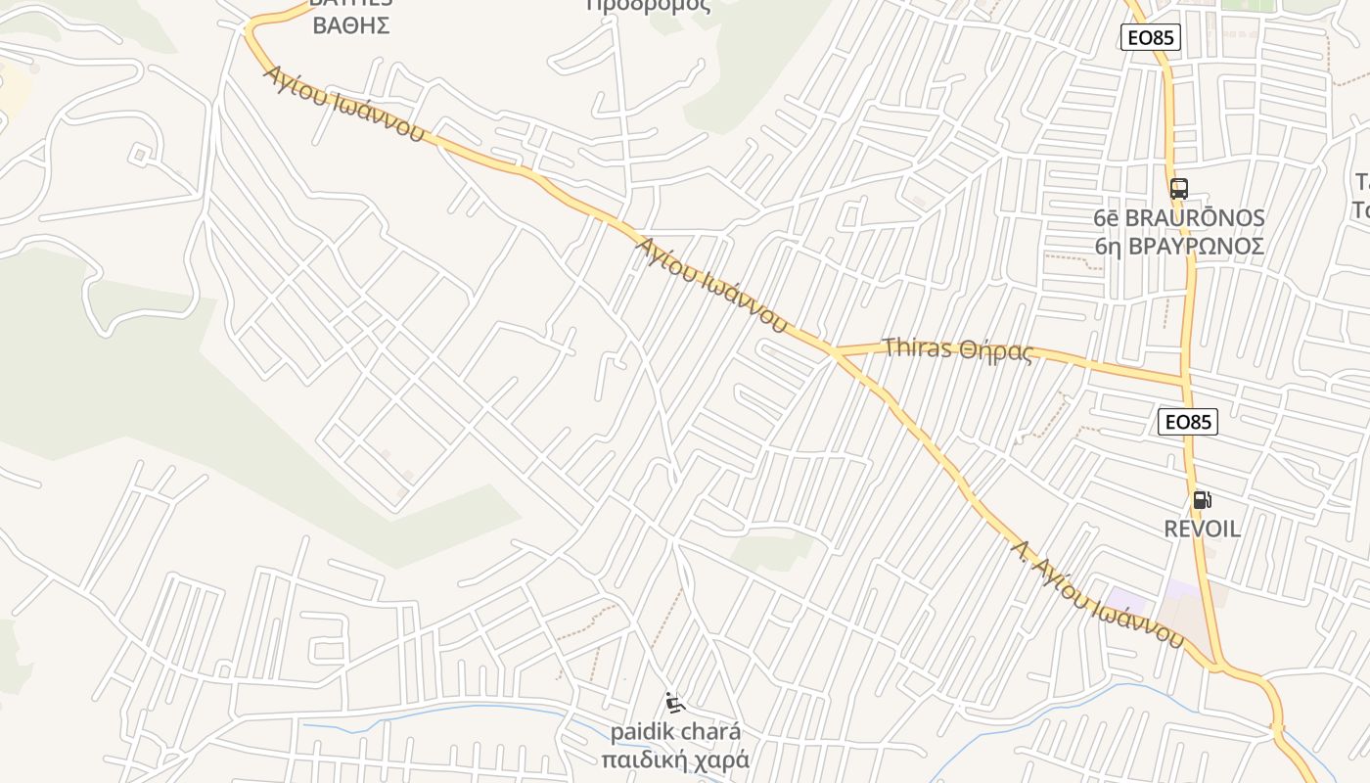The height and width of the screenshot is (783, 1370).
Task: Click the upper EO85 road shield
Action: pyautogui.click(x=1150, y=38)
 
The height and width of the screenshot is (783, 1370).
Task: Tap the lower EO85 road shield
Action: pyautogui.click(x=1187, y=422)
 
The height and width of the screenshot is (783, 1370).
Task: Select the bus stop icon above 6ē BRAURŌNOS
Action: pyautogui.click(x=1178, y=189)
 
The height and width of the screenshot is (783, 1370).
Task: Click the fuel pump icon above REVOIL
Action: pyautogui.click(x=1202, y=500)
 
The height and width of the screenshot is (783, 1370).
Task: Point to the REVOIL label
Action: pyautogui.click(x=1202, y=530)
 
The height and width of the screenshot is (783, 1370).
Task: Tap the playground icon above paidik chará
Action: pyautogui.click(x=674, y=703)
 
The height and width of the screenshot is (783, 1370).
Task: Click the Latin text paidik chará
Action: pyautogui.click(x=675, y=732)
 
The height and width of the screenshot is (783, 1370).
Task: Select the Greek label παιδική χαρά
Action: pyautogui.click(x=675, y=760)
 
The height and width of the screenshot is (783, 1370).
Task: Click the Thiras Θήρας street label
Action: pyautogui.click(x=957, y=349)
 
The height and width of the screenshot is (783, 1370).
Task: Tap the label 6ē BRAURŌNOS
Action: pyautogui.click(x=1179, y=218)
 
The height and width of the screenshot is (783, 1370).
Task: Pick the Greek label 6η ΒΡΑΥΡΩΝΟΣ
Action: pyautogui.click(x=1179, y=246)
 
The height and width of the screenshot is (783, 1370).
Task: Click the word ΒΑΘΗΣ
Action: pyautogui.click(x=350, y=26)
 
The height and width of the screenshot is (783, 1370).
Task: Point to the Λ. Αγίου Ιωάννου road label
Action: pyautogui.click(x=1098, y=593)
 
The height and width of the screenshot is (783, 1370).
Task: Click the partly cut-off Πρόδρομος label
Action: pyautogui.click(x=648, y=6)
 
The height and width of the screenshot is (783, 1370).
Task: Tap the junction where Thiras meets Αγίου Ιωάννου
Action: pyautogui.click(x=834, y=351)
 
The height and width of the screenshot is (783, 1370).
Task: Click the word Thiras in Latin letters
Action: pyautogui.click(x=918, y=347)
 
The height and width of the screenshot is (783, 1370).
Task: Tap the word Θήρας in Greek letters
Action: pyautogui.click(x=996, y=351)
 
